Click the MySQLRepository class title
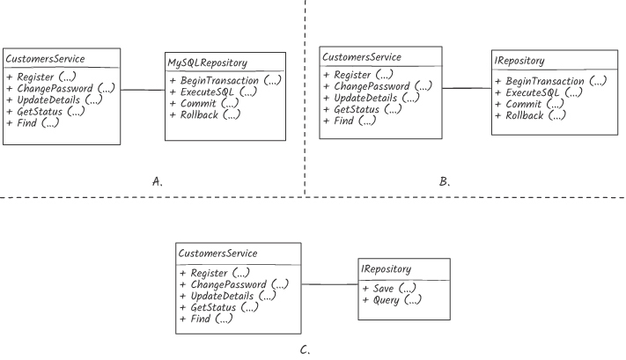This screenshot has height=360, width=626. click(207, 62)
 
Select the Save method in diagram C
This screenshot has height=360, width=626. click(389, 288)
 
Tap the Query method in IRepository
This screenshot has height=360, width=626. click(391, 300)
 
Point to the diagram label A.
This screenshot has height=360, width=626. click(158, 181)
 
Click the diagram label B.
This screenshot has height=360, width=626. click(445, 181)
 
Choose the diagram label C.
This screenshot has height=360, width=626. click(305, 350)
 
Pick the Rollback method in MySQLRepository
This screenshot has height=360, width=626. click(205, 115)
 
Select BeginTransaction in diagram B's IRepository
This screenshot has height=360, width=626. click(550, 81)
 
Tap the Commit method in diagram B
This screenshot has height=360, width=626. click(529, 104)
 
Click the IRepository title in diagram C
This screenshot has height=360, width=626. click(386, 269)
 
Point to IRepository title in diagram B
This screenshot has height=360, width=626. click(519, 61)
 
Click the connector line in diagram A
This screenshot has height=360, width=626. click(143, 90)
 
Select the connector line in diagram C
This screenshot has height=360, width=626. click(330, 284)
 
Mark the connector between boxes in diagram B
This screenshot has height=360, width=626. click(467, 88)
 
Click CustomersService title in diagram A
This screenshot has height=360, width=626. click(45, 59)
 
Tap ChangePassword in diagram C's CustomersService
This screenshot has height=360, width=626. click(234, 284)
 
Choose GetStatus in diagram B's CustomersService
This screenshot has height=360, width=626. click(363, 109)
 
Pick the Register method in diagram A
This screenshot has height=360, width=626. click(41, 77)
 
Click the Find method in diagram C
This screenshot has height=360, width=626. click(206, 319)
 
